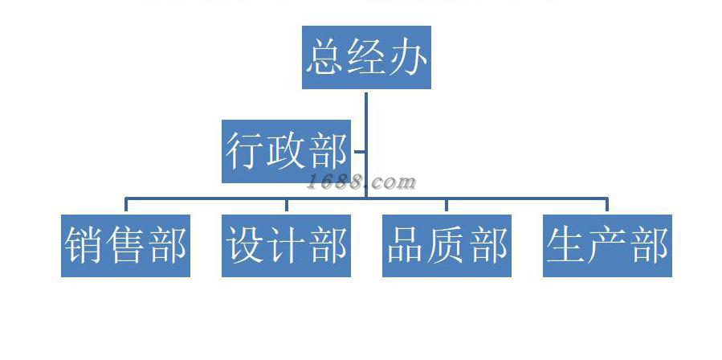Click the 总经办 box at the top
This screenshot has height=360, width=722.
pos(366,57)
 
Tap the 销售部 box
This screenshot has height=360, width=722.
pos(125,245)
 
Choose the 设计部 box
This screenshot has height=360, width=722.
pos(286,245)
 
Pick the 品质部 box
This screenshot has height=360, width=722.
pos(447,245)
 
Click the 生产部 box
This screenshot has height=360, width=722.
pos(607,245)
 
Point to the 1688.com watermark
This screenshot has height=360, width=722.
pos(361,182)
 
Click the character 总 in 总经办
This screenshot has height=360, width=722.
pos(325,57)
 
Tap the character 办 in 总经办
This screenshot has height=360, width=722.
pos(407,57)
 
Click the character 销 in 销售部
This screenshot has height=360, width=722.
pos(85,245)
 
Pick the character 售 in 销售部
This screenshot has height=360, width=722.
pos(126,245)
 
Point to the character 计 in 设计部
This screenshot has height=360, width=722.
pos(287,245)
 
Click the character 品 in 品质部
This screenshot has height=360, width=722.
pos(406,245)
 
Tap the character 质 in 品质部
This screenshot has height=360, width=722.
pos(447,245)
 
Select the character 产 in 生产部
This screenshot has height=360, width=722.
pos(608,245)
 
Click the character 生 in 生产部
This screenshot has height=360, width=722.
pos(567,245)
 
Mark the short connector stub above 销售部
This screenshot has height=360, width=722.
pos(125,205)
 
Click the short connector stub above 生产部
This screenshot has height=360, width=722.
pos(607,205)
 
